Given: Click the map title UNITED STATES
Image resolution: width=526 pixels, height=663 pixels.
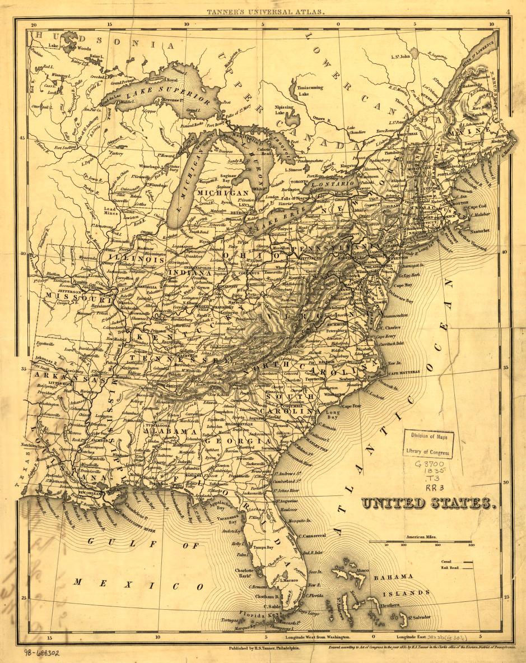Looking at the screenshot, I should (429, 503).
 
